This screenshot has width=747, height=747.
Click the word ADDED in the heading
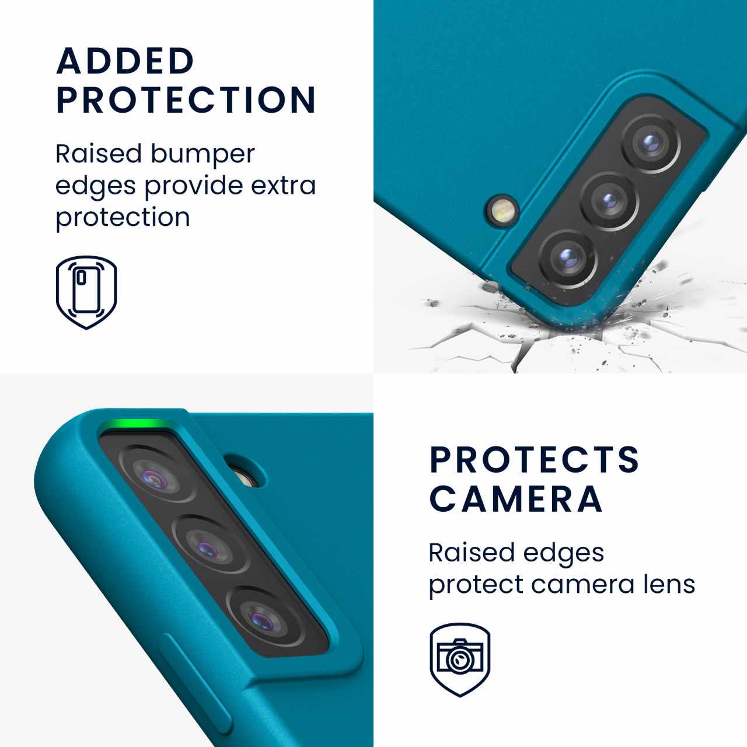tap(125, 61)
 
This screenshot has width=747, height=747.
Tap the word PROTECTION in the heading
tap(186, 100)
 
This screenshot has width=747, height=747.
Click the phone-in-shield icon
tap(86, 292)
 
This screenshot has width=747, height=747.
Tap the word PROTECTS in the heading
tap(535, 459)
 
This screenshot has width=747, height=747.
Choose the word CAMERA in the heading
tap(516, 499)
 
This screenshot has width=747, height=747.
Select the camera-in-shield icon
tap(460, 659)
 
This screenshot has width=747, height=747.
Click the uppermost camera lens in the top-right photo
tap(651, 144)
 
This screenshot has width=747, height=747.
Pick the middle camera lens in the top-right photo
tap(609, 201)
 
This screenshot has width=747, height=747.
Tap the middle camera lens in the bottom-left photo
tap(211, 544)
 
